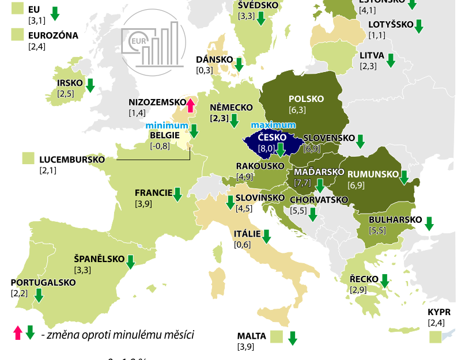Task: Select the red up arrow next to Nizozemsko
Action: (x=191, y=104)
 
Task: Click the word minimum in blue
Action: (x=167, y=125)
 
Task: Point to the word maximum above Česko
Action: (x=274, y=125)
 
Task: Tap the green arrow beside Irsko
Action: (x=90, y=85)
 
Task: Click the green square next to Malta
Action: (x=277, y=336)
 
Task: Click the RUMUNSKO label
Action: (x=373, y=174)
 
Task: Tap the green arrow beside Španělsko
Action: (x=130, y=262)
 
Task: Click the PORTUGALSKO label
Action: (x=43, y=283)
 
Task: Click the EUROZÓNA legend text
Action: (x=53, y=35)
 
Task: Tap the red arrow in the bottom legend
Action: (x=18, y=333)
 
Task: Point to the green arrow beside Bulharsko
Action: (x=429, y=223)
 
